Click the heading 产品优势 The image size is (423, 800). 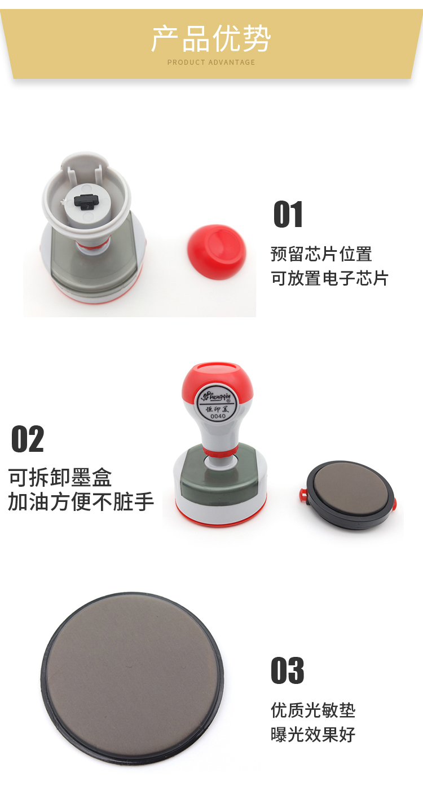(211, 38)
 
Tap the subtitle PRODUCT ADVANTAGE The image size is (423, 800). (211, 63)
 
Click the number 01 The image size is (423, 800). (288, 214)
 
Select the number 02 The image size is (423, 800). (28, 439)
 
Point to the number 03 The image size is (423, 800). (288, 670)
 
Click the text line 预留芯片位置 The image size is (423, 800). (321, 254)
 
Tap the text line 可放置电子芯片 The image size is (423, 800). (329, 278)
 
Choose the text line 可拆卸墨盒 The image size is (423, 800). (60, 478)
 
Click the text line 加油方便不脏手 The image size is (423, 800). (81, 501)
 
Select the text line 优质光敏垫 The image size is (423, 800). (313, 710)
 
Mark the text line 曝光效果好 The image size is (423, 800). (313, 734)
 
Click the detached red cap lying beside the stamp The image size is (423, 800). (217, 251)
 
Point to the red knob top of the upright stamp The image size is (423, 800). (217, 379)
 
